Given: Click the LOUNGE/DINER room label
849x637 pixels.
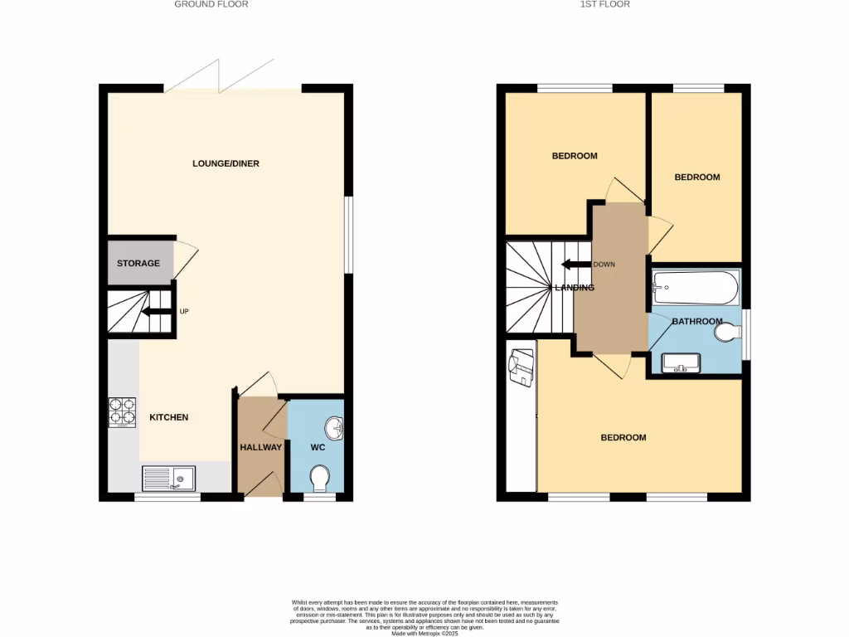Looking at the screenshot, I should pyautogui.click(x=226, y=163).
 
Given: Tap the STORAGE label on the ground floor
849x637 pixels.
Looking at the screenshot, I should pyautogui.click(x=138, y=264).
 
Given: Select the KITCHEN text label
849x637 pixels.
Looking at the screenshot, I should pyautogui.click(x=168, y=417).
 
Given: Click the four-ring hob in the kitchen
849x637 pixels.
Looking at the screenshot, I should pyautogui.click(x=122, y=412).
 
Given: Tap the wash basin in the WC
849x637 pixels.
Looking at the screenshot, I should pyautogui.click(x=336, y=429).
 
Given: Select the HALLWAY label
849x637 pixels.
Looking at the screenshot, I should pyautogui.click(x=261, y=447).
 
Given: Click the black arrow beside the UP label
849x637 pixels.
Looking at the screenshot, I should pyautogui.click(x=154, y=313).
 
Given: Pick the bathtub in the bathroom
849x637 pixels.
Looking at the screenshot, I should pyautogui.click(x=695, y=288).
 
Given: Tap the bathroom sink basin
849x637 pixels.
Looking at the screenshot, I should pyautogui.click(x=682, y=362).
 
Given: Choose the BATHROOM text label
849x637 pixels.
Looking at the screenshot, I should pyautogui.click(x=696, y=321).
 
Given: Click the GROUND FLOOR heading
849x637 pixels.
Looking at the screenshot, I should pyautogui.click(x=211, y=4).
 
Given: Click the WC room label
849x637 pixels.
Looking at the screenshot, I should pyautogui.click(x=317, y=447).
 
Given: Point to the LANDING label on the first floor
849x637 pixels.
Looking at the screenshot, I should pyautogui.click(x=575, y=288).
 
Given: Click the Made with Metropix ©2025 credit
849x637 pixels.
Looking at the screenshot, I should pyautogui.click(x=424, y=634).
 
